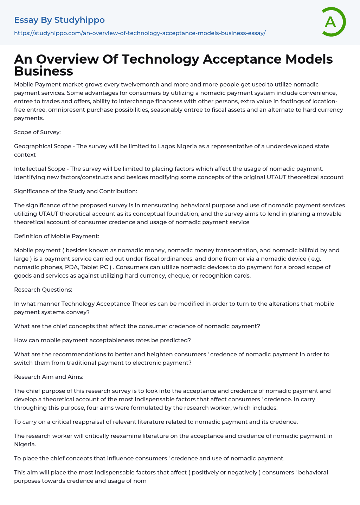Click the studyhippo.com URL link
(x=140, y=33)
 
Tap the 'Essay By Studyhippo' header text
(x=59, y=20)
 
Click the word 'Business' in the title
(x=44, y=71)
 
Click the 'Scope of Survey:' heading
(x=37, y=132)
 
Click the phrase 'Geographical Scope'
(x=43, y=146)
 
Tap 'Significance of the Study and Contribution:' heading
(x=76, y=191)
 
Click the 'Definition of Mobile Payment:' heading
(x=57, y=236)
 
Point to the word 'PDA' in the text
(x=72, y=267)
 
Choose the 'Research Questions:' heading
(x=43, y=290)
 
